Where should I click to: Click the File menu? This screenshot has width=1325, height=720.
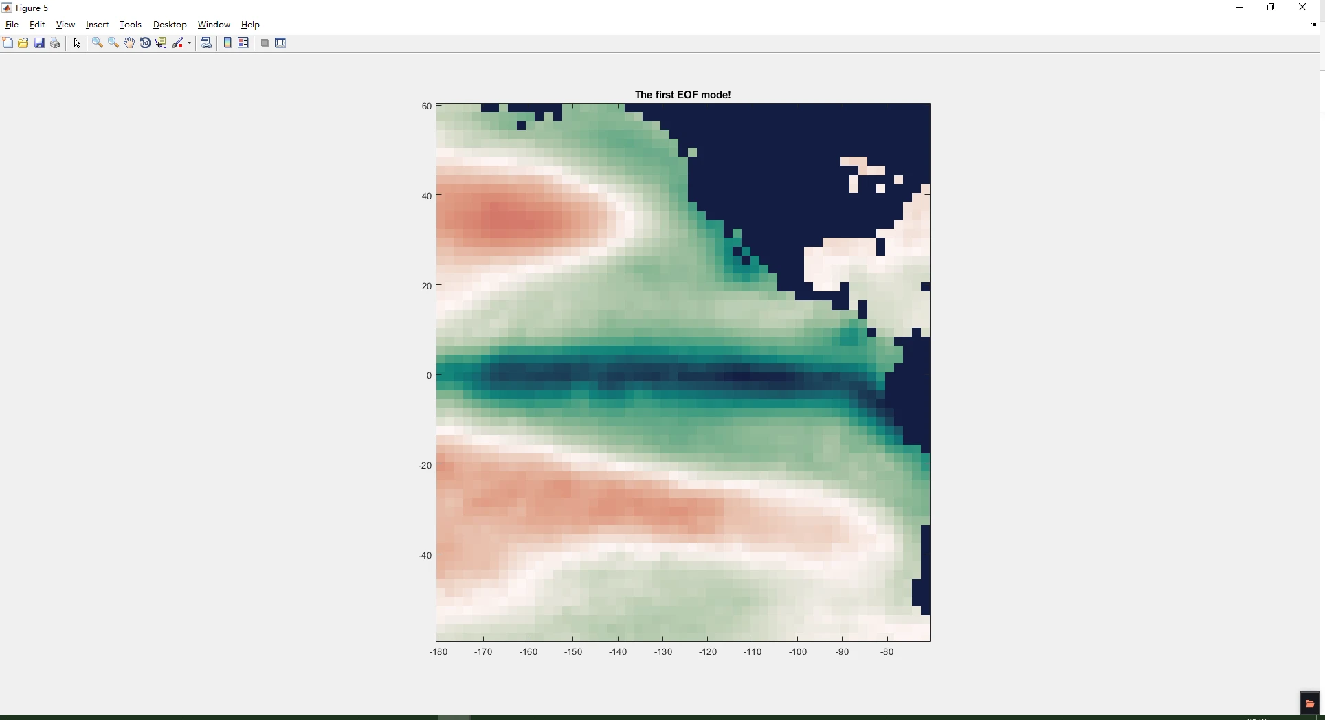pos(12,25)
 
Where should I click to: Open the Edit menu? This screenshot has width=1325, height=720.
pos(37,25)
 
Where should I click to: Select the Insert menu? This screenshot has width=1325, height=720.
pos(97,25)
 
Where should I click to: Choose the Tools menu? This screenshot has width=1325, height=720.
pos(130,25)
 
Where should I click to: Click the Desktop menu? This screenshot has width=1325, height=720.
pos(170,25)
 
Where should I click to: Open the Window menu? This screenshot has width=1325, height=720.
pos(214,25)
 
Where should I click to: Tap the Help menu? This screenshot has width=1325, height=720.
pos(250,25)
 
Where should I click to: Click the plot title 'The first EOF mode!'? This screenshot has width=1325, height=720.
pos(682,95)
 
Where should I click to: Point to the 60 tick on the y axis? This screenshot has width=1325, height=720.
pos(427,106)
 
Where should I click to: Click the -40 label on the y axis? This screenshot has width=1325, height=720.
pos(425,555)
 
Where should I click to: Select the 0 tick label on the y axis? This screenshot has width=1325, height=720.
pos(429,376)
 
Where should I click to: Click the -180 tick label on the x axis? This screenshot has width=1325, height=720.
pos(438,652)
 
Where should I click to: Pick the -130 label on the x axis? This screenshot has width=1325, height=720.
pos(663,652)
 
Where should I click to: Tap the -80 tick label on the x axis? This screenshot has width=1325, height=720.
pos(887,652)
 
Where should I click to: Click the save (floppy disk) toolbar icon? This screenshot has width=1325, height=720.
pos(39,43)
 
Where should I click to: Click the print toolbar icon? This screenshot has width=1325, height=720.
pos(55,43)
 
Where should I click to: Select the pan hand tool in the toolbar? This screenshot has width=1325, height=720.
pos(129,43)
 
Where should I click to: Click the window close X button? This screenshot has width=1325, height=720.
pos(1302,8)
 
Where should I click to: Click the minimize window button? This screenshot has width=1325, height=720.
pos(1240,8)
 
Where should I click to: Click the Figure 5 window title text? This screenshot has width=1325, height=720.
pos(32,8)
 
